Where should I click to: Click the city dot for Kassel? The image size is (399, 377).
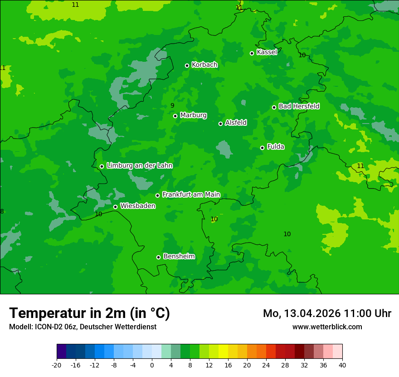click(252, 53)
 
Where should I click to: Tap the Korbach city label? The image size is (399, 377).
click(204, 65)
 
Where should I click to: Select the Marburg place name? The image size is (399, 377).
click(193, 115)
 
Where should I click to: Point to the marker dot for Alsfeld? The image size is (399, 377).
click(221, 124)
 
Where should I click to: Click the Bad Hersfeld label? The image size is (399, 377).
click(299, 106)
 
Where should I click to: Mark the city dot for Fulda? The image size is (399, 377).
click(262, 148)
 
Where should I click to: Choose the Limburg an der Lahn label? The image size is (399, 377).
click(139, 166)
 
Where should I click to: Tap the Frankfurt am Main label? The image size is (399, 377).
click(191, 195)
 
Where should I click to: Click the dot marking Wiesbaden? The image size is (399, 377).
click(115, 207)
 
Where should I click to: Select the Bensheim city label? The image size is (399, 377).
click(179, 257)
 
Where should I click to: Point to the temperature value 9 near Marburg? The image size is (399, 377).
click(172, 106)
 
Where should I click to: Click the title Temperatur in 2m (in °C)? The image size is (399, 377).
click(89, 313)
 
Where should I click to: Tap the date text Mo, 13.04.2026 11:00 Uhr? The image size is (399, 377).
click(327, 313)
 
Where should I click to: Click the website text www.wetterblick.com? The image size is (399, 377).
click(327, 327)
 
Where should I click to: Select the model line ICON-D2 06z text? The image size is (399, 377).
click(82, 327)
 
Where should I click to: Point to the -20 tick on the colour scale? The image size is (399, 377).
click(57, 365)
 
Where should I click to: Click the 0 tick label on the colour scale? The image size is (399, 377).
click(152, 365)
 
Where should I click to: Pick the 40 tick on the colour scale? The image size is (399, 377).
click(342, 365)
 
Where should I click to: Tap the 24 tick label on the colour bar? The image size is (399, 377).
click(266, 365)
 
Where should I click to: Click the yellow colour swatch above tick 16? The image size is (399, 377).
click(223, 352)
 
